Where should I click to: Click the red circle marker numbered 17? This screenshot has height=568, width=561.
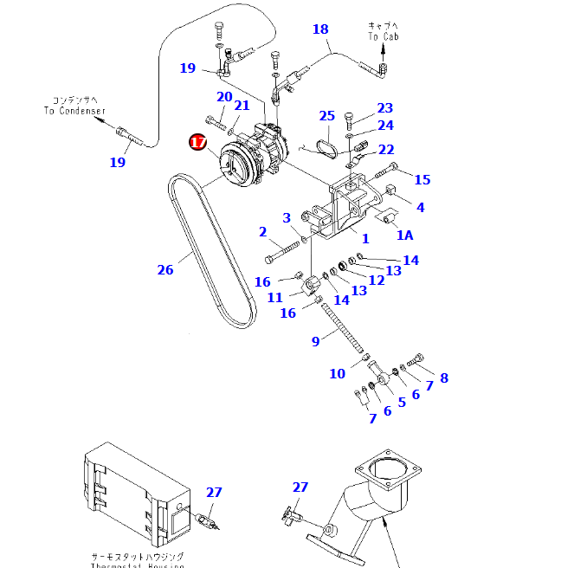pos(197,141)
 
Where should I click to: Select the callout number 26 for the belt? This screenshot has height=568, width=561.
pos(165,269)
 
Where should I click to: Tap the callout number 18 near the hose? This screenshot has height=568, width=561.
pos(320,29)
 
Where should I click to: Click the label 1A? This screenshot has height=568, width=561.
pos(405,235)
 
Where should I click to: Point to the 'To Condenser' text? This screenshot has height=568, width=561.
pos(75,111)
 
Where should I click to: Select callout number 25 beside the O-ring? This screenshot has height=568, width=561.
pos(326,116)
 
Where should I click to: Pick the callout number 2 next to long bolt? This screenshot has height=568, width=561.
pos(262,231)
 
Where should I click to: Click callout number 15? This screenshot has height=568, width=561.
pos(422,180)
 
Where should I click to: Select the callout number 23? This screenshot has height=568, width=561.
pos(384,108)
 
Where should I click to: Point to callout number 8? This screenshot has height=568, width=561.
pos(444,378)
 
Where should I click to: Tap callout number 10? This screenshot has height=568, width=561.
pos(337,374)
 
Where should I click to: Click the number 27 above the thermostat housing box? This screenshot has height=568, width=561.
pos(214,493)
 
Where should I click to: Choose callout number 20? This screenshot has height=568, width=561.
pos(224,97)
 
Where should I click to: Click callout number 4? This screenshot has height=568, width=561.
pos(421,207)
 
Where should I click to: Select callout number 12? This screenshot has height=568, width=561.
pos(376,280)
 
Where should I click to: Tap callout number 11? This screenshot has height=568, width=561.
pos(274,297)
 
